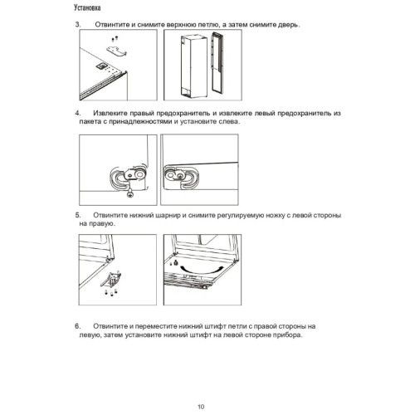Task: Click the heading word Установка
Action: pos(87,7)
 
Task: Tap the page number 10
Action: pos(201,407)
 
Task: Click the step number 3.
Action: pos(78,24)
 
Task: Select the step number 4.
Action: pos(78,113)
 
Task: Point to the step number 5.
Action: pos(78,215)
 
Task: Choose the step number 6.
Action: pos(78,326)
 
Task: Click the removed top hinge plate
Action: pos(117,51)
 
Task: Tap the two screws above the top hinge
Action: pos(115,38)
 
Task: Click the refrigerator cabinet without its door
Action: pos(194,66)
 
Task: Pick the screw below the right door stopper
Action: pos(130,193)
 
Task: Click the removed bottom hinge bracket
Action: pos(111,279)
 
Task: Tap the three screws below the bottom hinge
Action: pos(111,292)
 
